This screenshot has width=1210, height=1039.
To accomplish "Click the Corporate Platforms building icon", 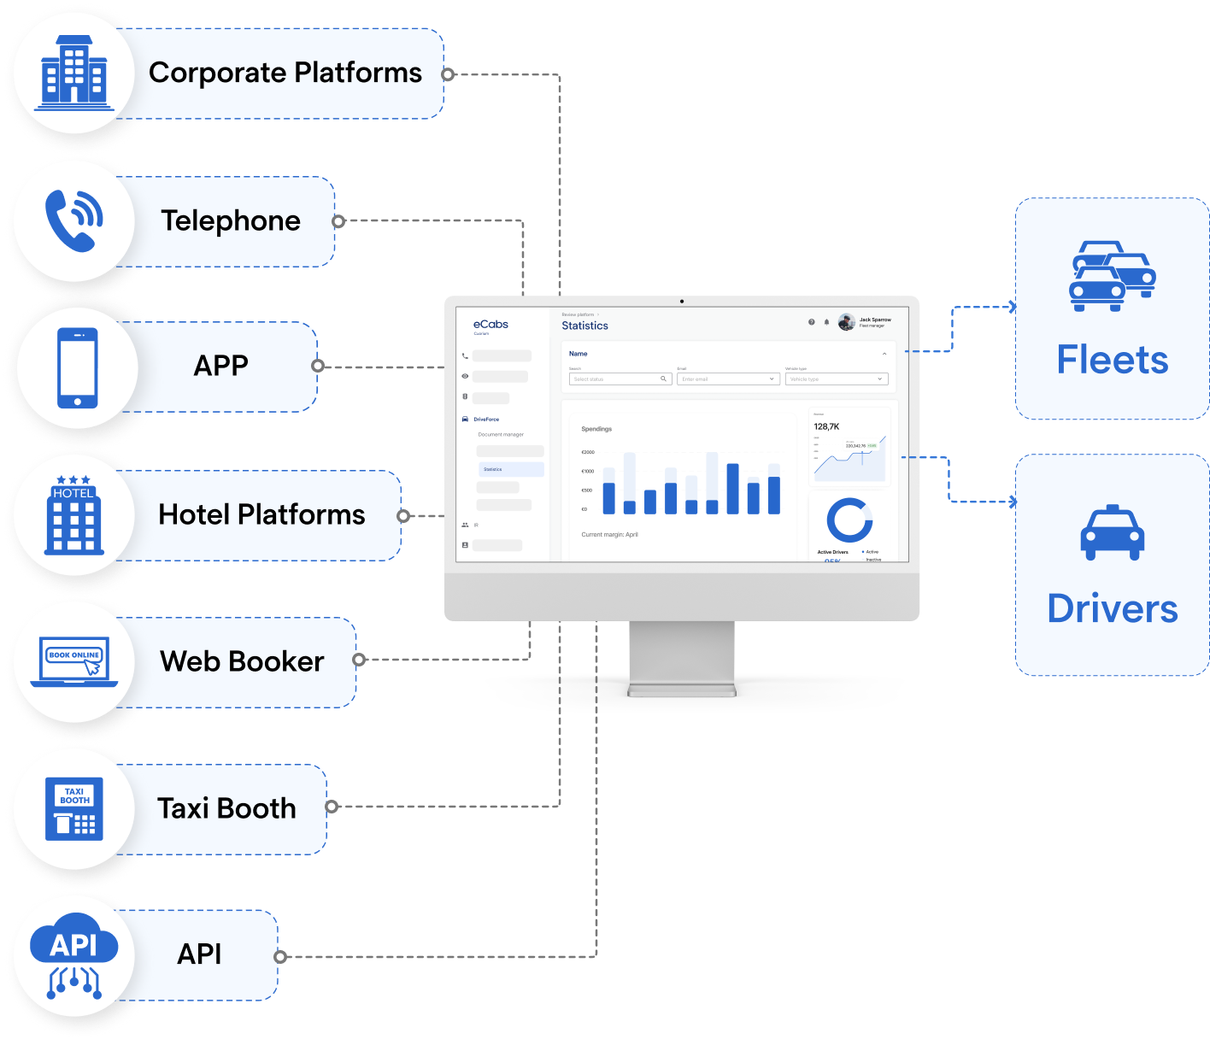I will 74,73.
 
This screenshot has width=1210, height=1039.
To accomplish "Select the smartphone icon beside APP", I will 78,368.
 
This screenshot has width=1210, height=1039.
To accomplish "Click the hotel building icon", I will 73,515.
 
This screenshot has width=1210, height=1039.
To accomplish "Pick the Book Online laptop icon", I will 74,661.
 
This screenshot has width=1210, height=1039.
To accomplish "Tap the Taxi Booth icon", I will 74,808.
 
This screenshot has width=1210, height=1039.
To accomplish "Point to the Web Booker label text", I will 242,661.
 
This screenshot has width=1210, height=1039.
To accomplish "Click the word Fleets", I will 1112,360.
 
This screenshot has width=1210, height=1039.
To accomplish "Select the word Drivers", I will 1112,609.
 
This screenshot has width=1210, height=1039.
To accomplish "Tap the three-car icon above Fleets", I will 1112,276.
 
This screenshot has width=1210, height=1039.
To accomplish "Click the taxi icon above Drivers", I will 1112,533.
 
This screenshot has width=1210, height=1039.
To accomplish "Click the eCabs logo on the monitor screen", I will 490,325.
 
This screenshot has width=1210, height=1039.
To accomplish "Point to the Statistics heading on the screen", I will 585,326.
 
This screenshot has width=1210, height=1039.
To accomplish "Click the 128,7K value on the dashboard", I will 826,426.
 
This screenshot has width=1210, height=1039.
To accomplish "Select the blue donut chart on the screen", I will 849,519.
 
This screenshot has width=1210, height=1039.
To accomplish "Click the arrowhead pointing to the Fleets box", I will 1013,307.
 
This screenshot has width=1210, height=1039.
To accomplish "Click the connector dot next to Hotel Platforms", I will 403,516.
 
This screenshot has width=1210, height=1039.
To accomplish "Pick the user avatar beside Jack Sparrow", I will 846,322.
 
